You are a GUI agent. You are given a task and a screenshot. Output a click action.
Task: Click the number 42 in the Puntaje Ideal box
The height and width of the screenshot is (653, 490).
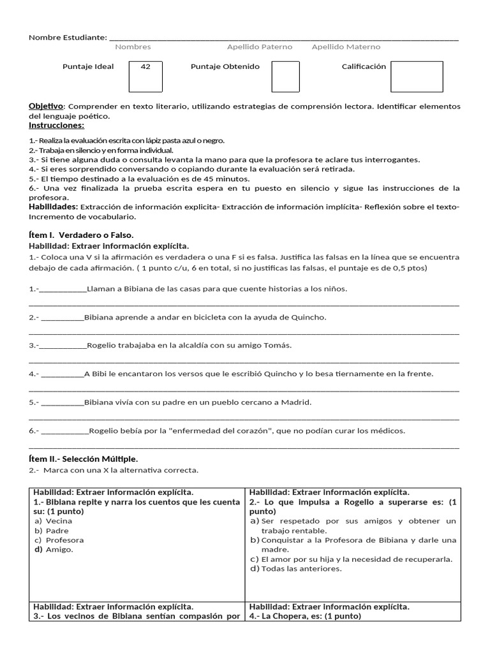click(x=145, y=67)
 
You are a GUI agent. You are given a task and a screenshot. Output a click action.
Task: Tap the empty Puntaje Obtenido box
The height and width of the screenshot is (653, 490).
click(x=285, y=77)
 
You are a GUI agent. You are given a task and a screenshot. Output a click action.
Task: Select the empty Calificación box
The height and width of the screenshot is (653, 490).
click(x=417, y=77)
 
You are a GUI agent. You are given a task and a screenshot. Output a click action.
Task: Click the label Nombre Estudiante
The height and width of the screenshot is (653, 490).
click(x=68, y=37)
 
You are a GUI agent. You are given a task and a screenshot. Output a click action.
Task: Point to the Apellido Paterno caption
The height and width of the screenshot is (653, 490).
click(x=260, y=47)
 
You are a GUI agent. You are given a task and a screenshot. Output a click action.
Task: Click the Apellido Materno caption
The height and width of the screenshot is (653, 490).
click(x=346, y=47)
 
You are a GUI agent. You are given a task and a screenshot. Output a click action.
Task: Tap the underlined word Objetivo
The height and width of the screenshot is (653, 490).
click(x=47, y=106)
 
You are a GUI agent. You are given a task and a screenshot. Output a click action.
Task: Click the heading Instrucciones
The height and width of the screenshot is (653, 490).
click(x=56, y=125)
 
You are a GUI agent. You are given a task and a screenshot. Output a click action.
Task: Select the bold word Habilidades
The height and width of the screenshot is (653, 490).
click(x=54, y=207)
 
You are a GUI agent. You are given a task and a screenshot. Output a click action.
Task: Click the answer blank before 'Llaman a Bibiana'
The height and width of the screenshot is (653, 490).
click(x=63, y=290)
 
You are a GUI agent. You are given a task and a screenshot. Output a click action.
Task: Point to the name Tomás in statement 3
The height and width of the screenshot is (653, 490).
click(x=279, y=346)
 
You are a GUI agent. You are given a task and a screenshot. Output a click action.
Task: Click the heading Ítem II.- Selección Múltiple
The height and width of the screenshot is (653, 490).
click(x=83, y=459)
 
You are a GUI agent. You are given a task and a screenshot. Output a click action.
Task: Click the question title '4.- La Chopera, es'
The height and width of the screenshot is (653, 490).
click(x=305, y=616)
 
